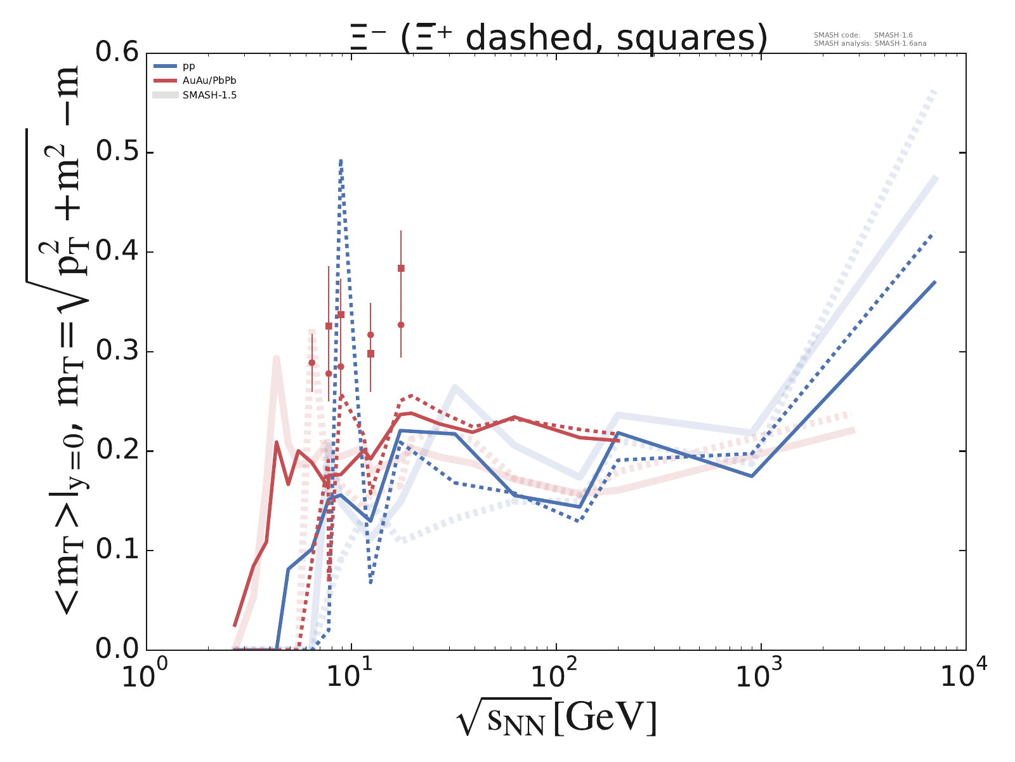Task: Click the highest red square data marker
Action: [401, 268]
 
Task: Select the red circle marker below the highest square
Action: [401, 324]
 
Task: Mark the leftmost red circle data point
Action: [311, 363]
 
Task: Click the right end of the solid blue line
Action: [935, 282]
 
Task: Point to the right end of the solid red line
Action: [619, 440]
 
